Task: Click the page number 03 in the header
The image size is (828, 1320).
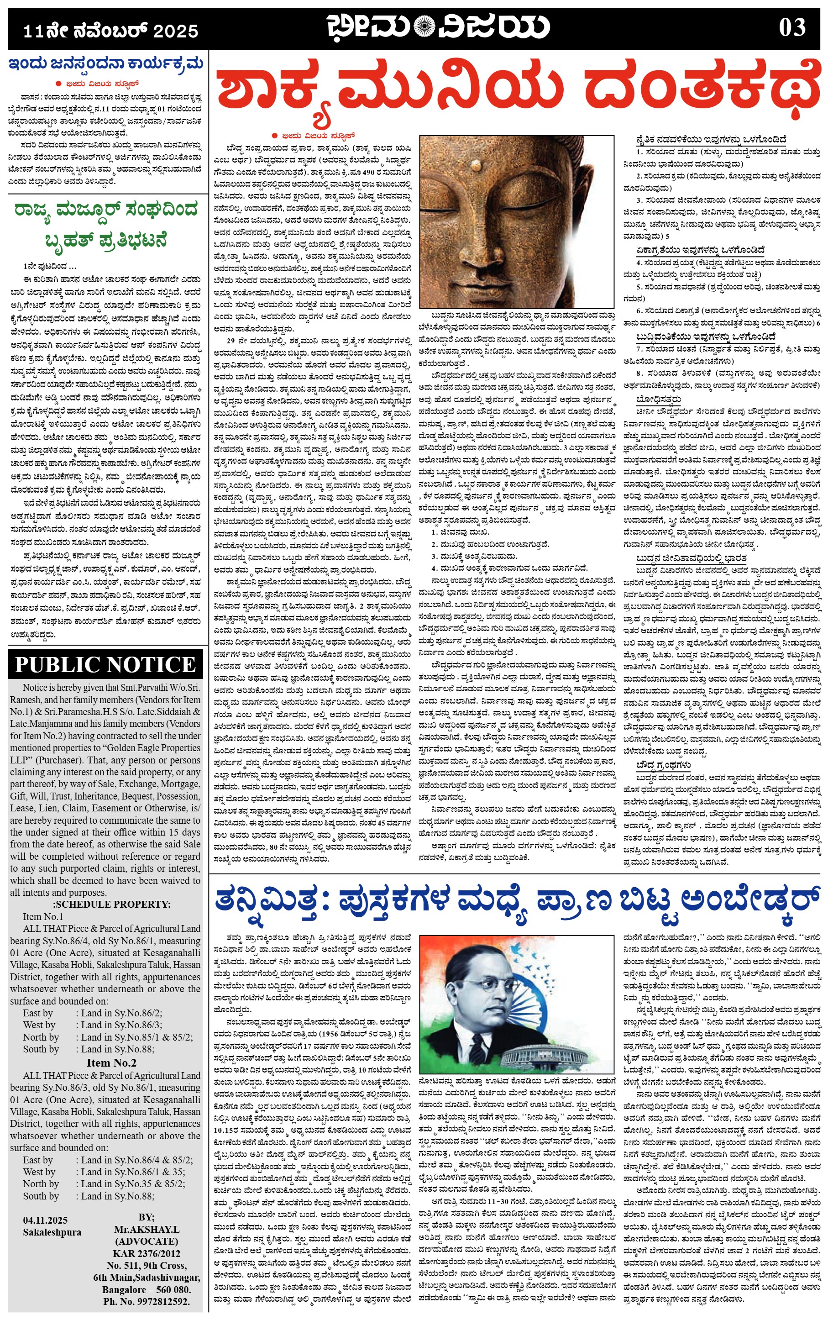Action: (x=792, y=28)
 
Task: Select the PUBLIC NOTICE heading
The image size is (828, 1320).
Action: (x=105, y=664)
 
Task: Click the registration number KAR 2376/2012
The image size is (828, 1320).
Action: (x=146, y=1253)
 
